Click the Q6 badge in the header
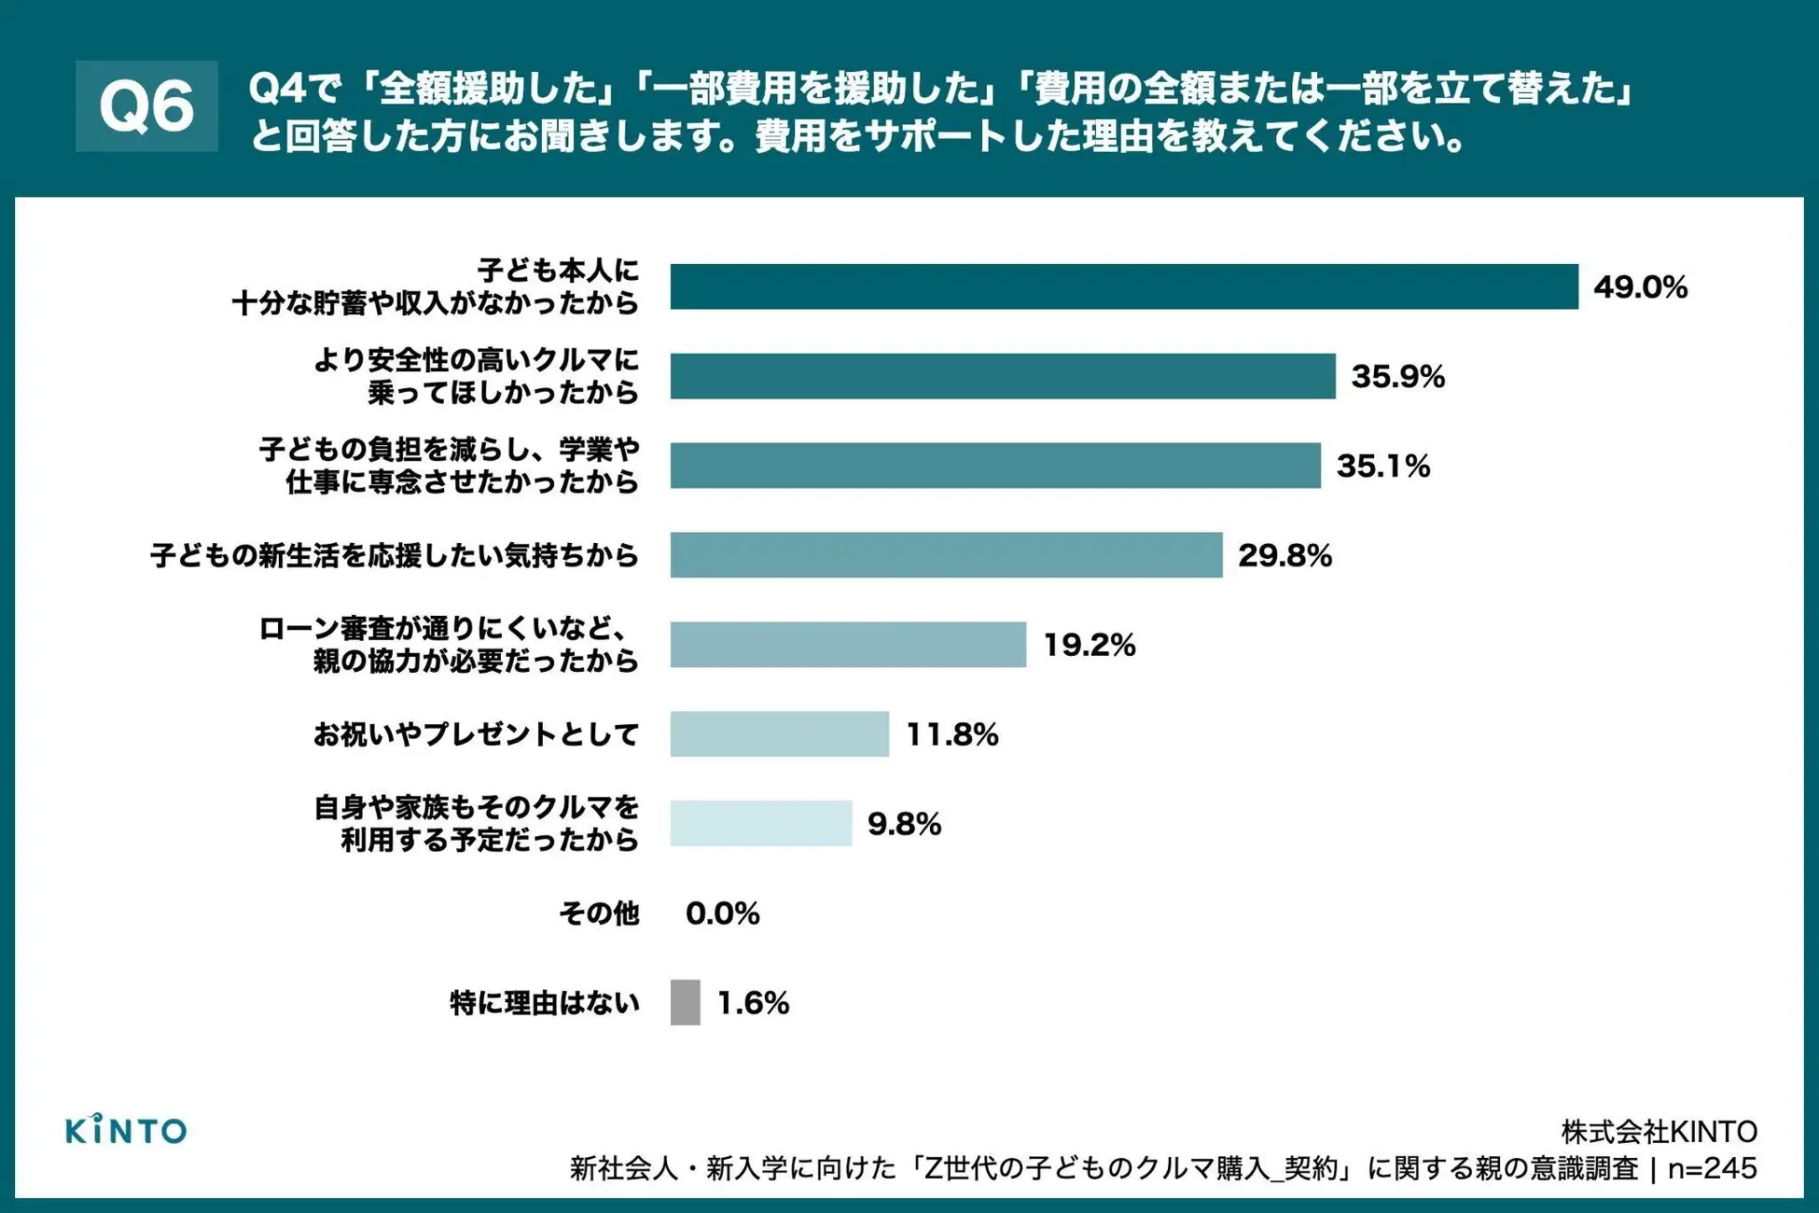[146, 106]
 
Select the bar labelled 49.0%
[1123, 286]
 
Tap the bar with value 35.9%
[1002, 376]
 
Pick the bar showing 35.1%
[994, 466]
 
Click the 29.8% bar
[945, 555]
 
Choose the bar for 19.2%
[847, 645]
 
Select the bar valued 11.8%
[779, 734]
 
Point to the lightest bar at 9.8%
[760, 823]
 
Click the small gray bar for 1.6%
[685, 1002]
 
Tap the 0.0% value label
[722, 913]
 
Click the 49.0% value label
[1640, 286]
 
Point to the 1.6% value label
[753, 1002]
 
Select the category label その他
[599, 913]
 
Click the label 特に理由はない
[545, 1003]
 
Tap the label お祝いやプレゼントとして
[476, 734]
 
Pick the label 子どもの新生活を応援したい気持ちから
[395, 556]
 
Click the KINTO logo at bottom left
[126, 1130]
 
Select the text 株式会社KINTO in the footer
[1659, 1132]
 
